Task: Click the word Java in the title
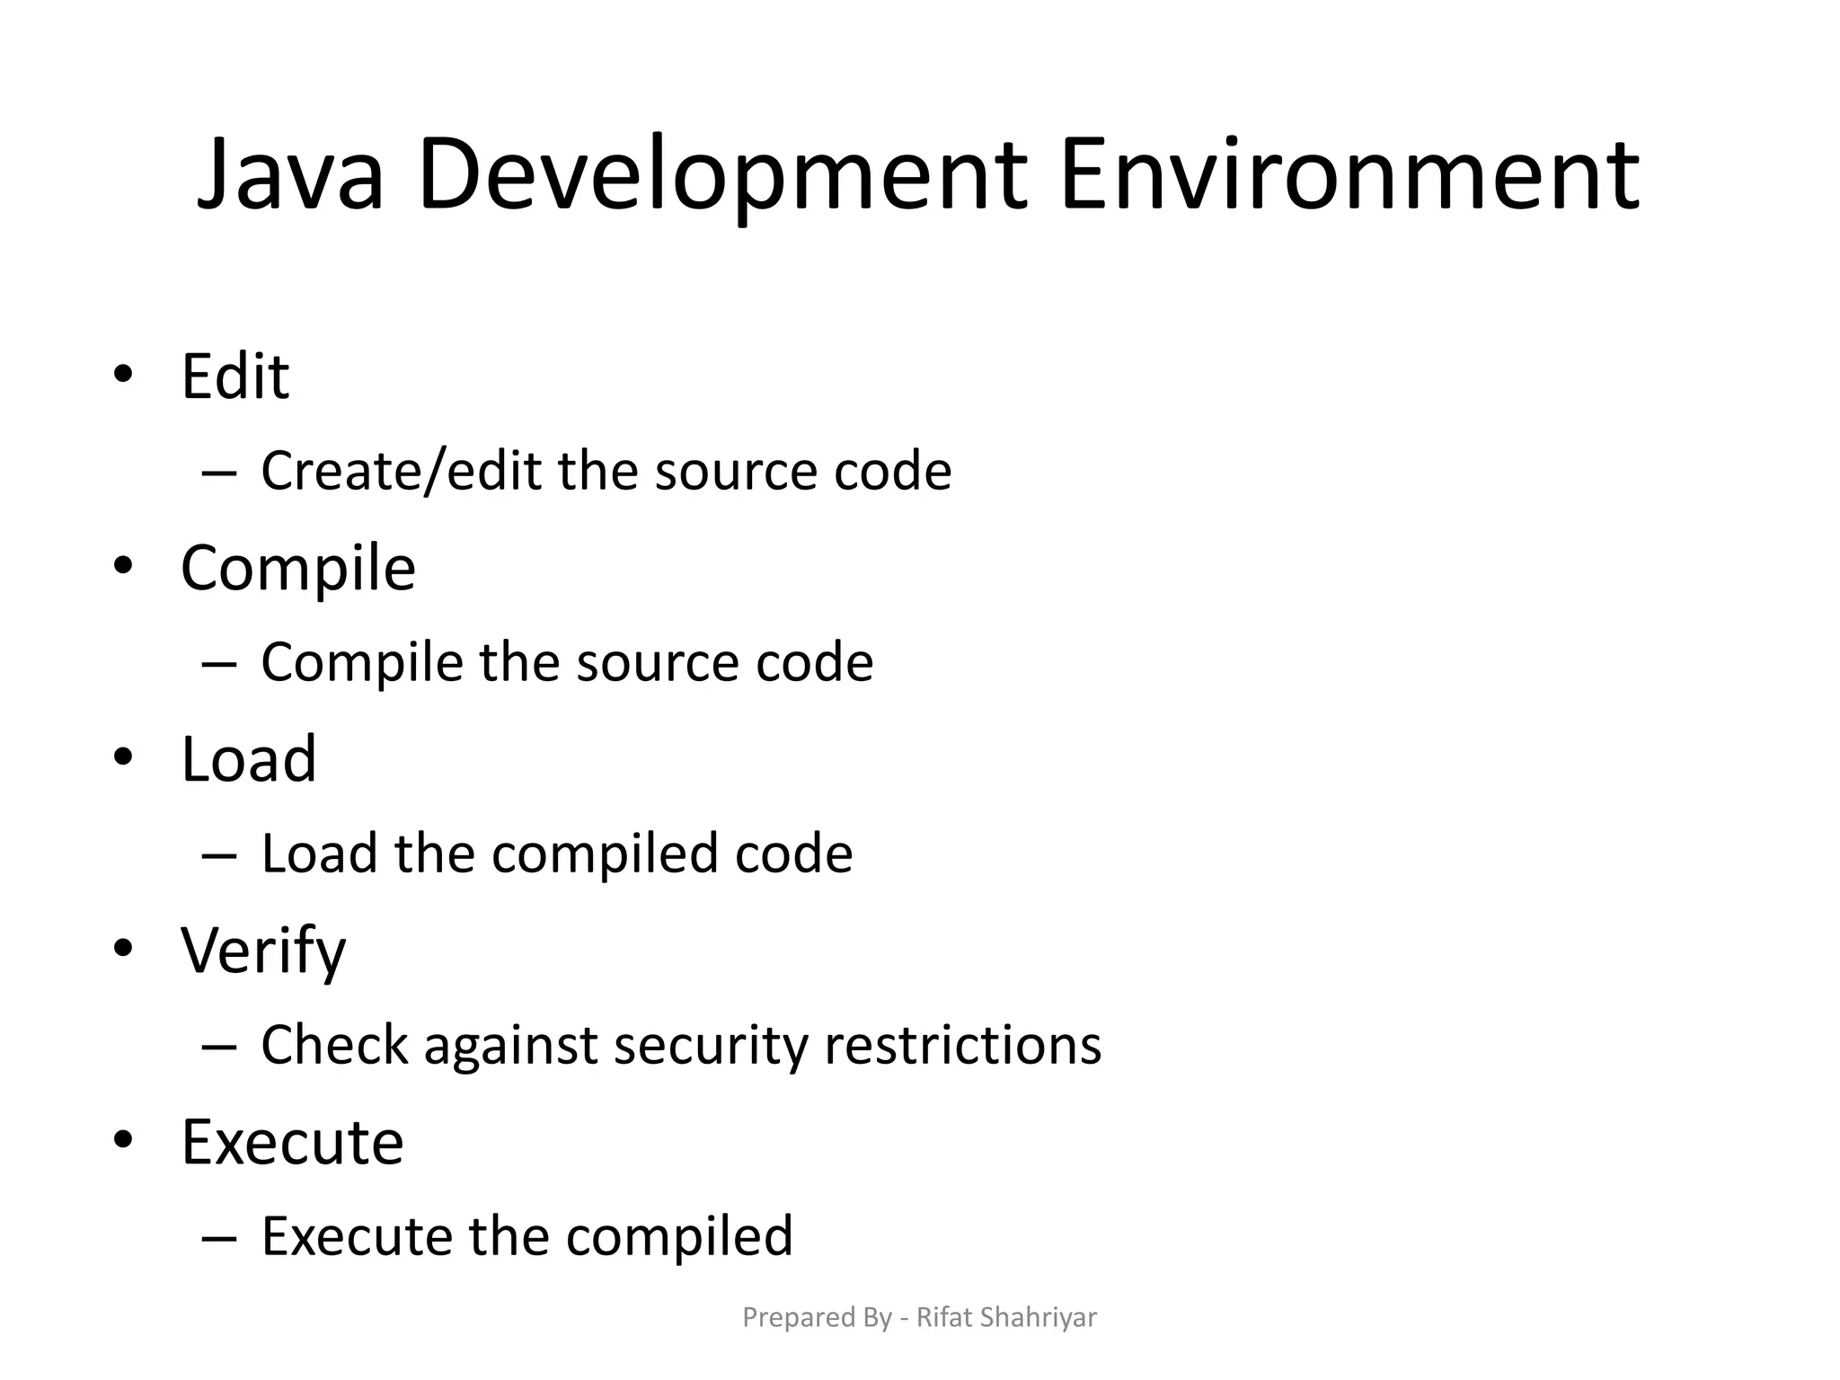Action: click(290, 174)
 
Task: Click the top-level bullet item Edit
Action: click(234, 376)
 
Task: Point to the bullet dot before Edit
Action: click(124, 373)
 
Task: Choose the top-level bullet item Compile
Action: click(298, 568)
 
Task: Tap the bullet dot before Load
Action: click(124, 756)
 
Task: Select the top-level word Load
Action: click(249, 759)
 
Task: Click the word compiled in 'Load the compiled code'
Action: click(605, 854)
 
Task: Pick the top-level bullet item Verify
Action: click(263, 951)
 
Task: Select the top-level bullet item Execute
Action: click(292, 1142)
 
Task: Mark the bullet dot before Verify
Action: click(124, 948)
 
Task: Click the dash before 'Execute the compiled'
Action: click(219, 1238)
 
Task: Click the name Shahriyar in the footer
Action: click(1038, 1317)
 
